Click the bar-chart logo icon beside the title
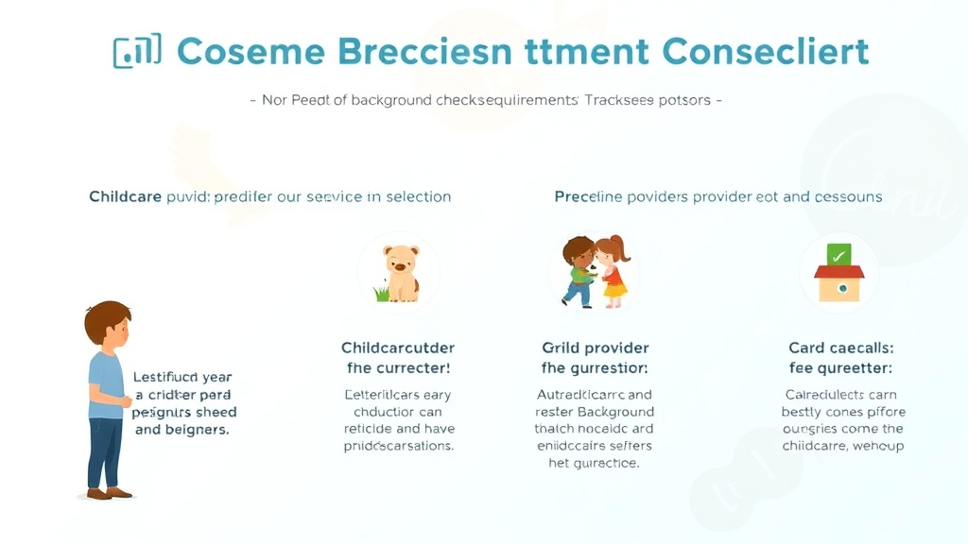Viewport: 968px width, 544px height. click(x=137, y=51)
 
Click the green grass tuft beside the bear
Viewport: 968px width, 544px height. click(x=382, y=294)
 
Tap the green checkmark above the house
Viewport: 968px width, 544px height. click(x=838, y=254)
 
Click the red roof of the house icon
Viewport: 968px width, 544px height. click(x=838, y=272)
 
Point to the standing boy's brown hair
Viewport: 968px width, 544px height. click(x=107, y=318)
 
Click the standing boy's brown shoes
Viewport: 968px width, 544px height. click(x=108, y=492)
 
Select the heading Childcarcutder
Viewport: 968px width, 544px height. click(x=397, y=348)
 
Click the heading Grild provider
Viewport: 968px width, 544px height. click(x=595, y=348)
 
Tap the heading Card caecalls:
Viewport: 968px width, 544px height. click(x=840, y=348)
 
